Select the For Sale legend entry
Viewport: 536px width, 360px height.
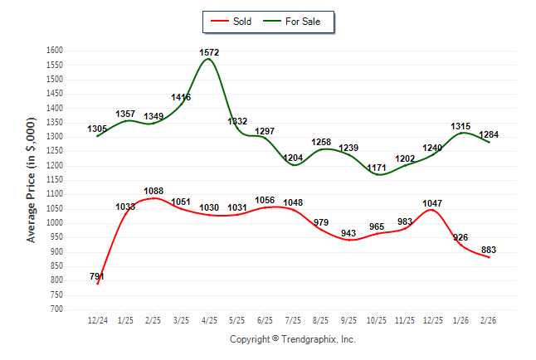click(x=296, y=21)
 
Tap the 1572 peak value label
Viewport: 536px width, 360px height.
click(x=209, y=52)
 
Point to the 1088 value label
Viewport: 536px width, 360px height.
click(x=153, y=191)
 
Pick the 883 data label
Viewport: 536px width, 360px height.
click(x=489, y=250)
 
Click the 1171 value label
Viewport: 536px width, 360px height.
click(x=377, y=168)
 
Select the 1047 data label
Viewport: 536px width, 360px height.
click(x=432, y=202)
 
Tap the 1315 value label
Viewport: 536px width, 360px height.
click(x=460, y=126)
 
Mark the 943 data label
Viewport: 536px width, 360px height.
click(x=348, y=232)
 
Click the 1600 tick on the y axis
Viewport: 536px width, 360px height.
click(x=55, y=51)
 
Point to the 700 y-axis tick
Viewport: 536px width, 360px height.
click(x=57, y=309)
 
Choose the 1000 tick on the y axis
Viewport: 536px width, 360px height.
click(x=55, y=223)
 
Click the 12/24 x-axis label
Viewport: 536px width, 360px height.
click(x=98, y=319)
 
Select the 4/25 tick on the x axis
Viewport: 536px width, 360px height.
click(x=209, y=319)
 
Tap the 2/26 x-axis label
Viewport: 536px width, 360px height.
click(x=489, y=319)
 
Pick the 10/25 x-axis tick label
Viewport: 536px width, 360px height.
click(x=377, y=319)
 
